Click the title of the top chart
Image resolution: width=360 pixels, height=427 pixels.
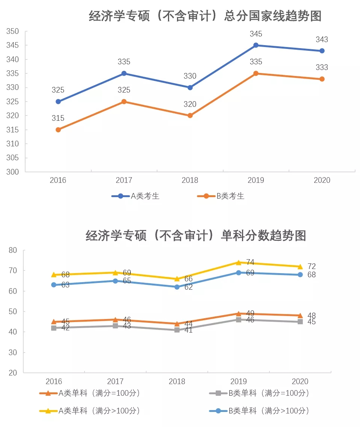coord(205,16)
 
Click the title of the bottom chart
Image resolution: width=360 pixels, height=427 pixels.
coord(196,236)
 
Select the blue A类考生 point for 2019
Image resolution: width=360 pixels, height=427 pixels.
coord(256,45)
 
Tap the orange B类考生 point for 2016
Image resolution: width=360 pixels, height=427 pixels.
coord(58,130)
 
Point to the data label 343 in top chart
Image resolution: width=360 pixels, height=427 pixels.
coord(322,40)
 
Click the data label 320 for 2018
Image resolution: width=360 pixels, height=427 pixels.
coord(190,104)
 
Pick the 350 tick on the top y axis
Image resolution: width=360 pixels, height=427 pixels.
coord(13,32)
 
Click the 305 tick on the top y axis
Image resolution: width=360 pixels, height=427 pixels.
coord(13,158)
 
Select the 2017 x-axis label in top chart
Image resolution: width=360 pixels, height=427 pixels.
coord(124,181)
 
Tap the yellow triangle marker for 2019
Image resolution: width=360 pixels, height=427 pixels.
coord(239,263)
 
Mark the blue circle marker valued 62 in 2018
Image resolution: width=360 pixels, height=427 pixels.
coord(177,287)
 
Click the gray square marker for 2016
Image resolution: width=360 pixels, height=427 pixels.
coord(54,328)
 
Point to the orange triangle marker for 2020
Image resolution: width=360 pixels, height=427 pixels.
coord(300,315)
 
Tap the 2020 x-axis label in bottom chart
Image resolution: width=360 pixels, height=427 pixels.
coord(300,381)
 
